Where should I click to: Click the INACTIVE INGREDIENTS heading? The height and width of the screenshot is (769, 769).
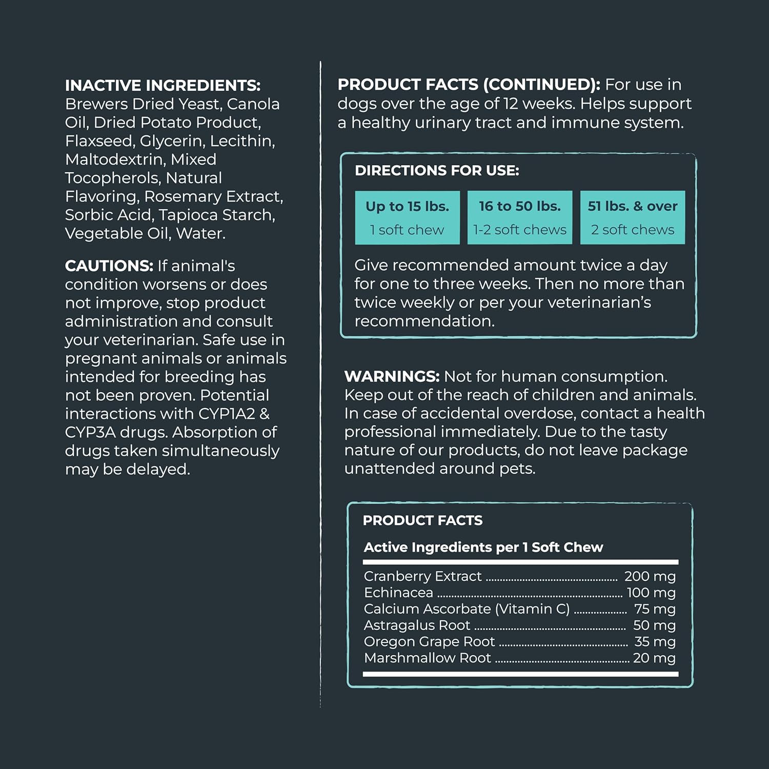(x=163, y=85)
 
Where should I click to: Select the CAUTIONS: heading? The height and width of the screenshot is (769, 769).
(x=109, y=266)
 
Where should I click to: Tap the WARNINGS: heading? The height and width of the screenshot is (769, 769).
(x=392, y=376)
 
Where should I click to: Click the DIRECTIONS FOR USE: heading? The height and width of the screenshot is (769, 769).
(x=437, y=171)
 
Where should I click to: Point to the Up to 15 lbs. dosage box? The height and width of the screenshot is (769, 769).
(x=407, y=217)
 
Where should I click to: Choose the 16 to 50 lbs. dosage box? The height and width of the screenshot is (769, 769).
(x=519, y=217)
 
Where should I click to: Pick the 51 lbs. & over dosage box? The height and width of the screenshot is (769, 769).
(x=632, y=217)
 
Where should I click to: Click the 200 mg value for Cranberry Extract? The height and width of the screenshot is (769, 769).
(x=650, y=576)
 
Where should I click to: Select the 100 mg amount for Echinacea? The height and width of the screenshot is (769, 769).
(x=651, y=593)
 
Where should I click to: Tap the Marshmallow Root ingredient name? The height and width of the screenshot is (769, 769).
(x=427, y=658)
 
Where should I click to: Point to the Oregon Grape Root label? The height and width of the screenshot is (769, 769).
(x=429, y=641)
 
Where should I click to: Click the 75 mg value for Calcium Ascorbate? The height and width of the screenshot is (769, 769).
(x=654, y=609)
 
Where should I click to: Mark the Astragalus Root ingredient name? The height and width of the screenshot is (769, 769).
(x=416, y=625)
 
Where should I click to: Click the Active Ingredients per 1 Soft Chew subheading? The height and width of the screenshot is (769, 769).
(x=483, y=548)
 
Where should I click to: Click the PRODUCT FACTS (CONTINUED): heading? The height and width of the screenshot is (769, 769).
(x=469, y=85)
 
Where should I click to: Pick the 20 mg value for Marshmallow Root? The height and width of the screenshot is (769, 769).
(x=654, y=658)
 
